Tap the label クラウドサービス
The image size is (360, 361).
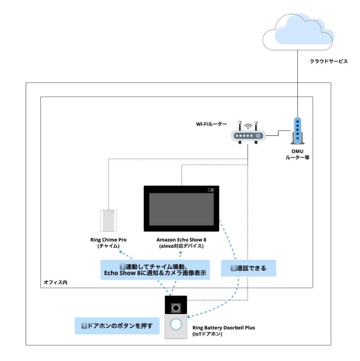329,61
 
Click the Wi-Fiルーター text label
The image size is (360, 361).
211,124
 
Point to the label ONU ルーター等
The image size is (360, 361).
298,155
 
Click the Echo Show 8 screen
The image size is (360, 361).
181,209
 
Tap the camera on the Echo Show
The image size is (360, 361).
211,190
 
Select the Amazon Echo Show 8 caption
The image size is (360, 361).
181,243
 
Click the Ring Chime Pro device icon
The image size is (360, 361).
108,220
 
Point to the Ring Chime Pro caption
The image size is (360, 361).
108,243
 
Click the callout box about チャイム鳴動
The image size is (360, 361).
155,270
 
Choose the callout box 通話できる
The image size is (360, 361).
248,268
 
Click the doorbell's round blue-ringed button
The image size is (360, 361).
176,324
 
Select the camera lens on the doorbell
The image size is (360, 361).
176,308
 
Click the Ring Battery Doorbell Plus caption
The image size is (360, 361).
223,331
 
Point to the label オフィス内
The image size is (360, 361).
55,283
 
